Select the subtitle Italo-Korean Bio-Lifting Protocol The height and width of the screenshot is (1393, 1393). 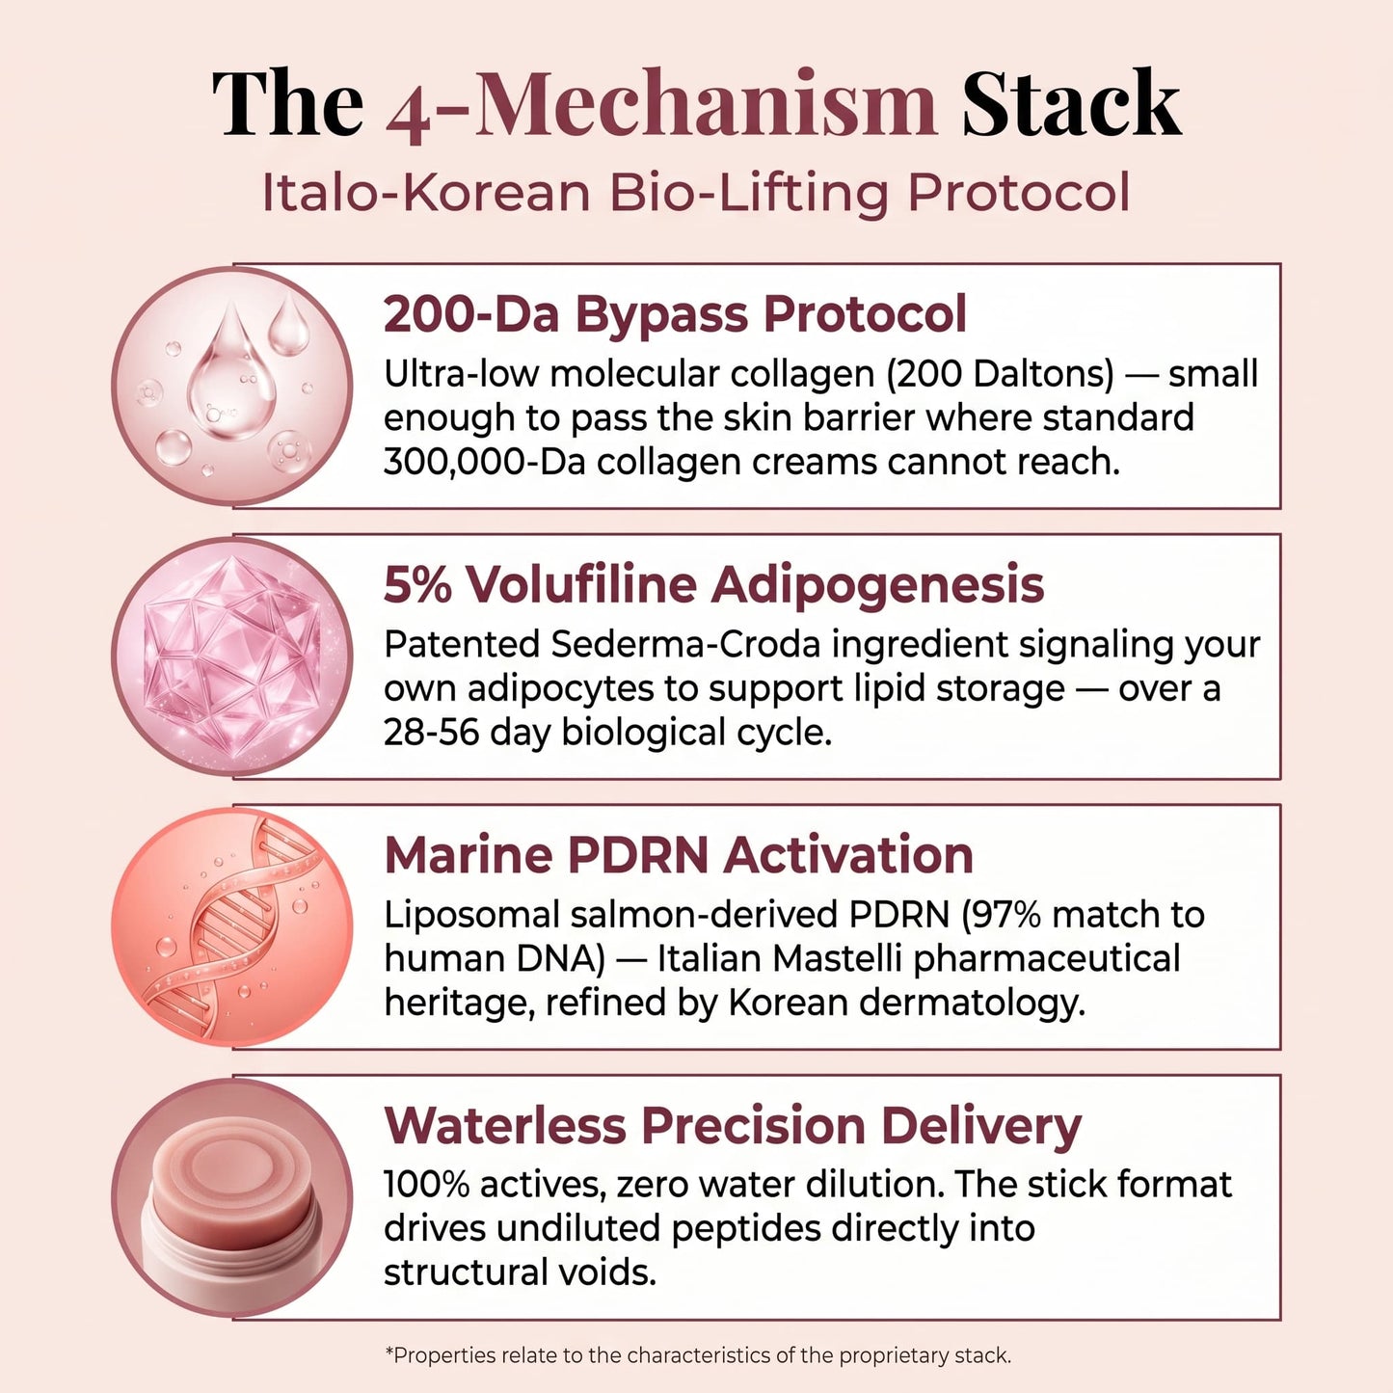(695, 193)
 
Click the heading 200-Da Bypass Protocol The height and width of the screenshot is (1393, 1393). (675, 314)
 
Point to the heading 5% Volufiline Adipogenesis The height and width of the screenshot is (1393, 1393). (713, 585)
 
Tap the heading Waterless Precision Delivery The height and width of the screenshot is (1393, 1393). (733, 1126)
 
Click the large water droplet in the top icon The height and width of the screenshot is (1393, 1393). (230, 376)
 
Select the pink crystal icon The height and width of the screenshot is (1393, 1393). (231, 656)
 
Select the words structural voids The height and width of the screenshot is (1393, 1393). (520, 1273)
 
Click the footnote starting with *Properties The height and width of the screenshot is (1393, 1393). (698, 1355)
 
